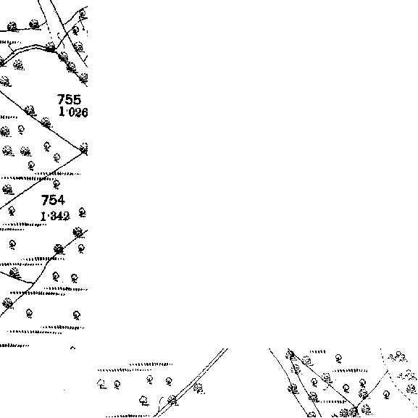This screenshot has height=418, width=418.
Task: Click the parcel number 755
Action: pos(69,100)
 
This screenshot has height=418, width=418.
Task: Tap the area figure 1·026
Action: pos(73,112)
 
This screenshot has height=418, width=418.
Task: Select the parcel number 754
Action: pos(53,200)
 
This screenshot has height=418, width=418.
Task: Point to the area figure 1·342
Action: pos(55,216)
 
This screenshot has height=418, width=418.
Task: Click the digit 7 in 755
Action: pos(61,100)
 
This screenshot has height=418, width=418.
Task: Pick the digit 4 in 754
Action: pos(61,200)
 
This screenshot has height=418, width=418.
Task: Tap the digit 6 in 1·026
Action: pos(85,112)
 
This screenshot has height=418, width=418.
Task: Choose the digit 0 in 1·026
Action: pos(70,112)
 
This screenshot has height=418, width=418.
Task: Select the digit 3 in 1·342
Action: pos(53,216)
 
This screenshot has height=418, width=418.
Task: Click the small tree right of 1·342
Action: pos(83,213)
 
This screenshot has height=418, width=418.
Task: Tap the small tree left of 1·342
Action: pos(12,211)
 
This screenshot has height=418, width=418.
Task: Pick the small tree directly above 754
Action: pos(57,184)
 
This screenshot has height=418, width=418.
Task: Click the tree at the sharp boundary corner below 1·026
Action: pos(84,149)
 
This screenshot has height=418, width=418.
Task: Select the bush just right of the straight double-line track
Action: pos(198,388)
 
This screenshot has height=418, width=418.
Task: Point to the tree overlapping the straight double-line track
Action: pos(173,401)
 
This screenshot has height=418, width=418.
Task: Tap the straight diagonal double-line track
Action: pos(191,383)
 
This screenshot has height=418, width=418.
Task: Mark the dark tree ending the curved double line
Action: pos(51,47)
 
